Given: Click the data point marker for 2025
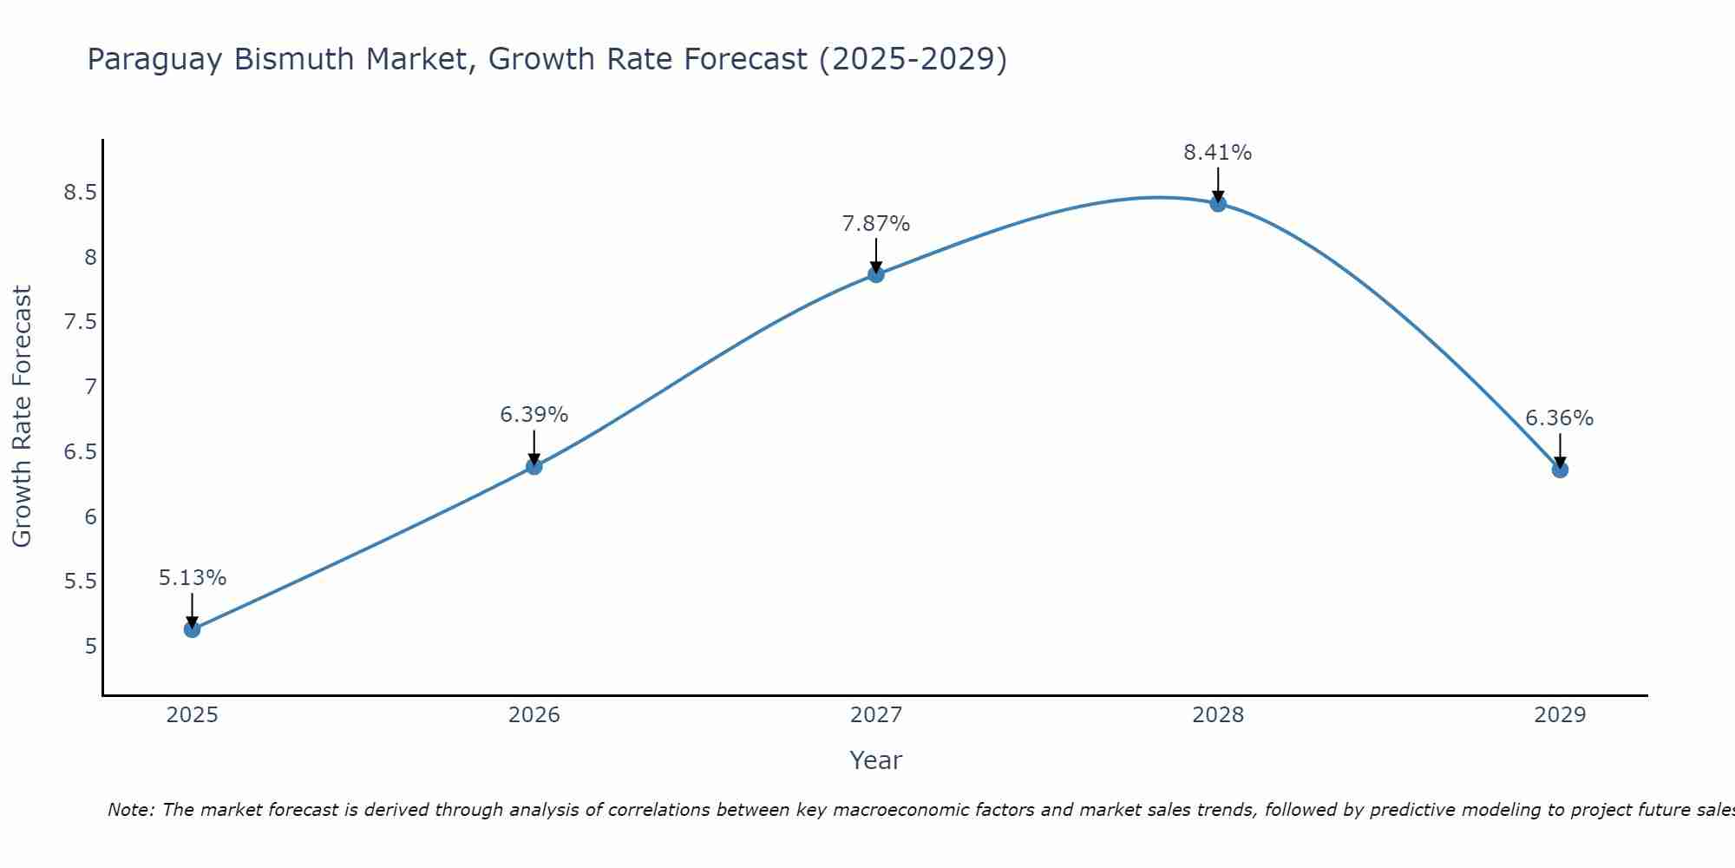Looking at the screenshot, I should (x=193, y=629).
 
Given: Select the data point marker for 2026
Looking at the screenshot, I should (x=534, y=466).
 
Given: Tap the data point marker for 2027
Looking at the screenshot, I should (x=876, y=274).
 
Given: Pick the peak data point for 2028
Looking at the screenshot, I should (x=1218, y=204).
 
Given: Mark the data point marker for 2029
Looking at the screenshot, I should (x=1560, y=470).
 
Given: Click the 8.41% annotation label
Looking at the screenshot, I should (x=1217, y=153).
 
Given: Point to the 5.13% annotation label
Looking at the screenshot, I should (x=193, y=578).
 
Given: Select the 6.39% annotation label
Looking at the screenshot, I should (x=534, y=415).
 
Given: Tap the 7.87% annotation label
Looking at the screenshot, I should (x=876, y=224).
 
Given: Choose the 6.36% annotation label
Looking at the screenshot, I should (x=1559, y=418).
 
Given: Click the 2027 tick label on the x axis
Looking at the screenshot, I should (x=876, y=715).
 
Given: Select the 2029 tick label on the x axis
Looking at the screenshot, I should (x=1560, y=715).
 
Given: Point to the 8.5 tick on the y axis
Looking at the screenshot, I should (x=80, y=193).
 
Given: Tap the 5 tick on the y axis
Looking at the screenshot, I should (x=90, y=647).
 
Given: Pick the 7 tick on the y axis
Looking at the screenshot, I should (x=90, y=387).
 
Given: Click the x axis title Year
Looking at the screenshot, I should (x=876, y=760).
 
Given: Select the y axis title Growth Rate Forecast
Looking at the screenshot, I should (x=23, y=417).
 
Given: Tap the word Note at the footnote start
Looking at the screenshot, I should (x=130, y=810).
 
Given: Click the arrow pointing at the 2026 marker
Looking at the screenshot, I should (x=534, y=447).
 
